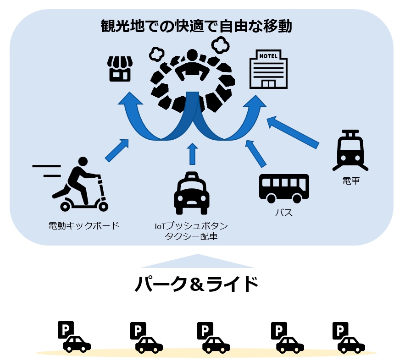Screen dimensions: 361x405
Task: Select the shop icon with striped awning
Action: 120,69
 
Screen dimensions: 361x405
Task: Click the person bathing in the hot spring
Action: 193,68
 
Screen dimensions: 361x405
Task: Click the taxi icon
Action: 192,194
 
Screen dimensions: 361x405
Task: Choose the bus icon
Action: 284,188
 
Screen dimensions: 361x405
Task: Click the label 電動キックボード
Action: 83,225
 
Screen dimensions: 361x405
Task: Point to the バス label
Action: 283,213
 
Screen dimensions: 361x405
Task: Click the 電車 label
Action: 351,181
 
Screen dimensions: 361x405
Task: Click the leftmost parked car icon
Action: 76,344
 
